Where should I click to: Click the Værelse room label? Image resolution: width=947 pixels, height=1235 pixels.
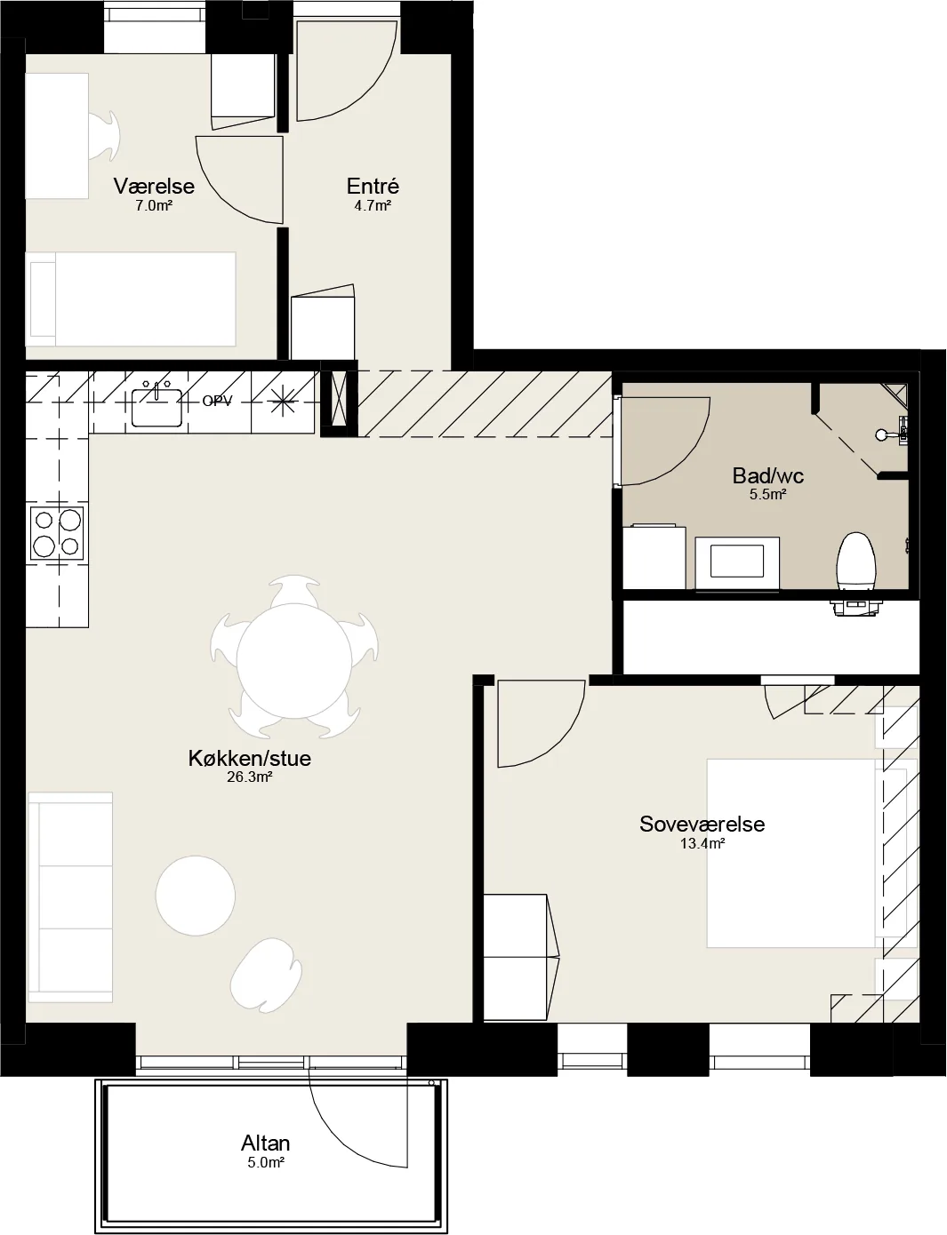coord(154,186)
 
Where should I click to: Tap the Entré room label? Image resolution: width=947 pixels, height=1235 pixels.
coord(373,186)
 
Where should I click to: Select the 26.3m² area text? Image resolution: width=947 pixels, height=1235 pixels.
coord(250,777)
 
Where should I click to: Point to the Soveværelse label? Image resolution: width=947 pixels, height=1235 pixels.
coord(702,825)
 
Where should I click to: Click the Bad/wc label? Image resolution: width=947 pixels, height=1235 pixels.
coord(768,475)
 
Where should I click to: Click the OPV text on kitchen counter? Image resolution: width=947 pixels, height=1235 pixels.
coord(217,402)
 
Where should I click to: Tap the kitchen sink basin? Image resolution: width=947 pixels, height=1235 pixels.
coord(157,407)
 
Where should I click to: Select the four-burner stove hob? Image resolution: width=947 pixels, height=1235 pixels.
coord(57,534)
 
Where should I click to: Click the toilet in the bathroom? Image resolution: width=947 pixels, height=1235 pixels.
coord(856,561)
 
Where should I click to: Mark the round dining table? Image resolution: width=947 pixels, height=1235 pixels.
coord(294,662)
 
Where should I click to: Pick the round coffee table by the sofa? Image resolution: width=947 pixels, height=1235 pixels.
coord(196,896)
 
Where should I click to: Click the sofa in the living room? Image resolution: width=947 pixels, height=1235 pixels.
coord(70,896)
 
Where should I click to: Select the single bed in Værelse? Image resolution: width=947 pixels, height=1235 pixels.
coord(131,299)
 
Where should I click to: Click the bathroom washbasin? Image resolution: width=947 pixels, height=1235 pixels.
coord(737,562)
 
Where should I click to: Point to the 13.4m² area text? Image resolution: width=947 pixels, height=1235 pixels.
coord(702,843)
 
